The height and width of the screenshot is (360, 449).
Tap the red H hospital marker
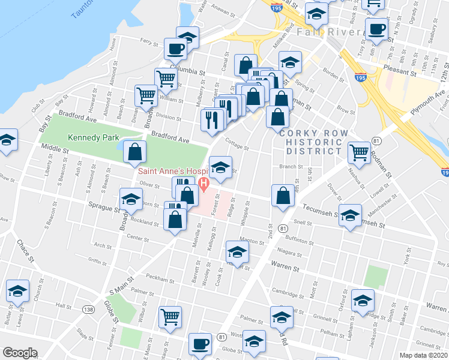click(203, 182)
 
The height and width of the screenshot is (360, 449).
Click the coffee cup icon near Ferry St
click(176, 49)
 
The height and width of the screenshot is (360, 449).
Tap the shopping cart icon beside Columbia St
click(165, 78)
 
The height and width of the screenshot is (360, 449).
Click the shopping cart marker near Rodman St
click(359, 152)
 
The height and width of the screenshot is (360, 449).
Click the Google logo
click(19, 352)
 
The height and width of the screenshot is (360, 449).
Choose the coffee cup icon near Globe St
click(199, 345)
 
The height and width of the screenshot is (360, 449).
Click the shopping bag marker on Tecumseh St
click(283, 195)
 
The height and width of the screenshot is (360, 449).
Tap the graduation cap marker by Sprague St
click(130, 199)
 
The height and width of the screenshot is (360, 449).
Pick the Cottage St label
click(237, 145)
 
